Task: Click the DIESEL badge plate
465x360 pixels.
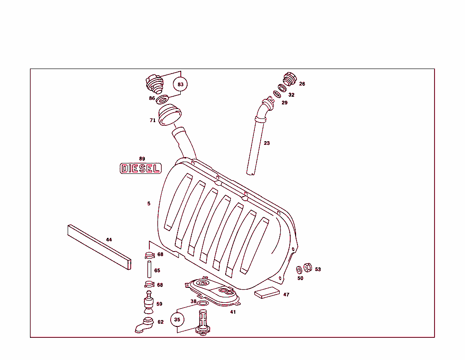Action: pyautogui.click(x=140, y=168)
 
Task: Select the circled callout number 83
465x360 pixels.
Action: pyautogui.click(x=180, y=84)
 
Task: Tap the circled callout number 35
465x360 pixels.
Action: pyautogui.click(x=177, y=320)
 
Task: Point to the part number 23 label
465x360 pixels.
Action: pyautogui.click(x=267, y=143)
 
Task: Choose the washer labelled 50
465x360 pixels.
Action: pyautogui.click(x=299, y=271)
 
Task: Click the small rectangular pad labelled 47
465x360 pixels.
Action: pyautogui.click(x=267, y=292)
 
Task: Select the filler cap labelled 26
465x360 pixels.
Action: pyautogui.click(x=289, y=79)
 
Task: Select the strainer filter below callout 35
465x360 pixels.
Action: pyautogui.click(x=203, y=321)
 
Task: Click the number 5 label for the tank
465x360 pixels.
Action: pyautogui.click(x=148, y=203)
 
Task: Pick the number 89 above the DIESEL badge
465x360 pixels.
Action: pyautogui.click(x=142, y=159)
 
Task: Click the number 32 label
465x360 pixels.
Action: pyautogui.click(x=291, y=95)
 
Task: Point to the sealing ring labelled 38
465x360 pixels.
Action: pyautogui.click(x=203, y=303)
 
